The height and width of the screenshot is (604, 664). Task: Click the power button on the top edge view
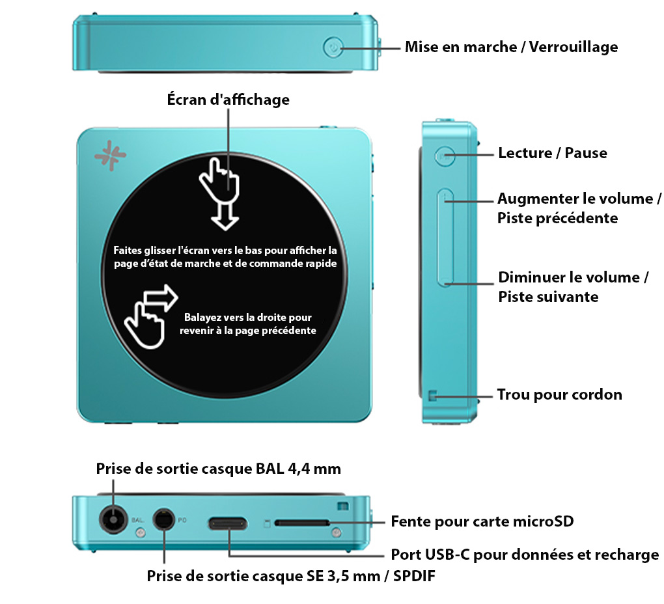coord(333,48)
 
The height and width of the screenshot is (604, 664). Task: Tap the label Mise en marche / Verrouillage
coord(511,47)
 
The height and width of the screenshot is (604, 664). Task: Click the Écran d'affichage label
coord(228,100)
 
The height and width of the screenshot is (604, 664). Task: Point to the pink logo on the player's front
coord(110,156)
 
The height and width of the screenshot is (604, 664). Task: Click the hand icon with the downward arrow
coord(220,193)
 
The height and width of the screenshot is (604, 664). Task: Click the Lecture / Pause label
coord(553,153)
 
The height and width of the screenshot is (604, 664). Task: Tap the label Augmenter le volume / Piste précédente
coord(579,208)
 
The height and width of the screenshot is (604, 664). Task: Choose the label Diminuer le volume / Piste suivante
coord(573,287)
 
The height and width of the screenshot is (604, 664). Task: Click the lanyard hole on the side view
coord(432,396)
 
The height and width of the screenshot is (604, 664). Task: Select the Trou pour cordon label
coord(559,394)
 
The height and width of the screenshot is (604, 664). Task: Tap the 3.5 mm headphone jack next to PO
coord(163,519)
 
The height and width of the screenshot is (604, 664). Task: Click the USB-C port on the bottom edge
coord(228,524)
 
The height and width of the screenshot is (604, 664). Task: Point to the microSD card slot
coord(302,523)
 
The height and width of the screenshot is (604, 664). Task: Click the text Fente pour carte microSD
coord(482,521)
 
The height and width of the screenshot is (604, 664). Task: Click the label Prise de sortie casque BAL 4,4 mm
coord(219,469)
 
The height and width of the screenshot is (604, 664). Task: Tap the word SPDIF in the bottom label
coord(414,576)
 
